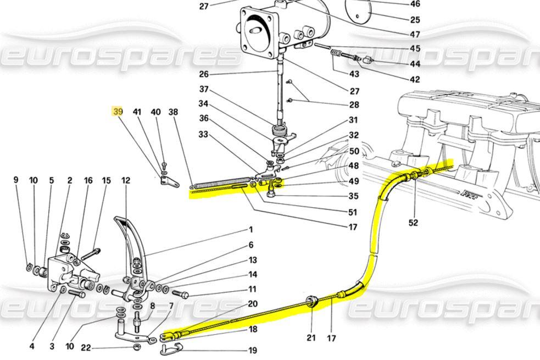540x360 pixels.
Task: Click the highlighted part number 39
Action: [118, 112]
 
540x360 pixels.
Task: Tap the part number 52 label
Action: [413, 223]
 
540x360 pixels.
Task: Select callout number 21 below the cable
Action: [311, 337]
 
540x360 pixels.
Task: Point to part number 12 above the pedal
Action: [126, 180]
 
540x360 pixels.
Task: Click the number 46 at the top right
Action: [415, 4]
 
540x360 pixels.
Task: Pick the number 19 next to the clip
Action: [253, 350]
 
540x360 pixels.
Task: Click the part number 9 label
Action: [16, 180]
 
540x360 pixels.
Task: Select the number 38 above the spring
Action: [174, 112]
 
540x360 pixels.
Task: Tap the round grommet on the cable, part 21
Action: [311, 301]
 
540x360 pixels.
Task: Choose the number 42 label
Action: [415, 79]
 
